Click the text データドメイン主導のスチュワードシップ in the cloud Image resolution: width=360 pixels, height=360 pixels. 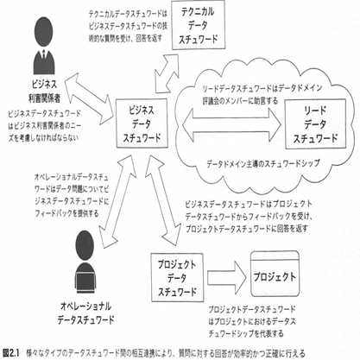(263, 161)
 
